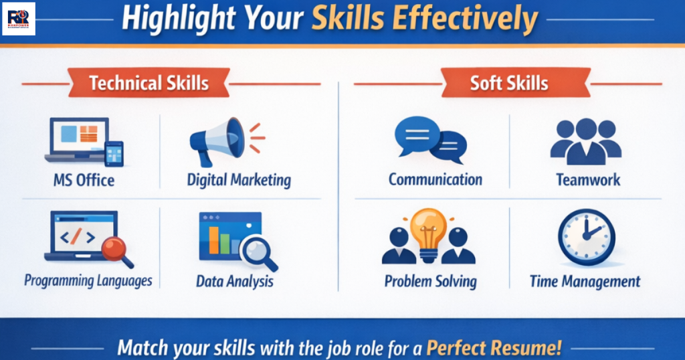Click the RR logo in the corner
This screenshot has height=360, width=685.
point(19,18)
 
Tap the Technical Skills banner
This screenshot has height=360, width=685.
point(149,84)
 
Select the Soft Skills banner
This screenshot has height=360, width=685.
point(509,84)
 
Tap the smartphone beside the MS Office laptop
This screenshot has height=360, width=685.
point(114,154)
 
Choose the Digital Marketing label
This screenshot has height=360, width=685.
point(239,180)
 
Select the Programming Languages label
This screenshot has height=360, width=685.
point(88,280)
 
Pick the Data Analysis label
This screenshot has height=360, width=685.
point(235,281)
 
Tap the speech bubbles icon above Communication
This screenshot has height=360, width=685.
point(429,140)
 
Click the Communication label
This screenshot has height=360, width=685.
point(435,179)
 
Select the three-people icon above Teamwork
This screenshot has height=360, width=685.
point(586,141)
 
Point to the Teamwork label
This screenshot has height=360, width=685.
point(588,180)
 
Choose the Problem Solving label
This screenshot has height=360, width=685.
point(430,281)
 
